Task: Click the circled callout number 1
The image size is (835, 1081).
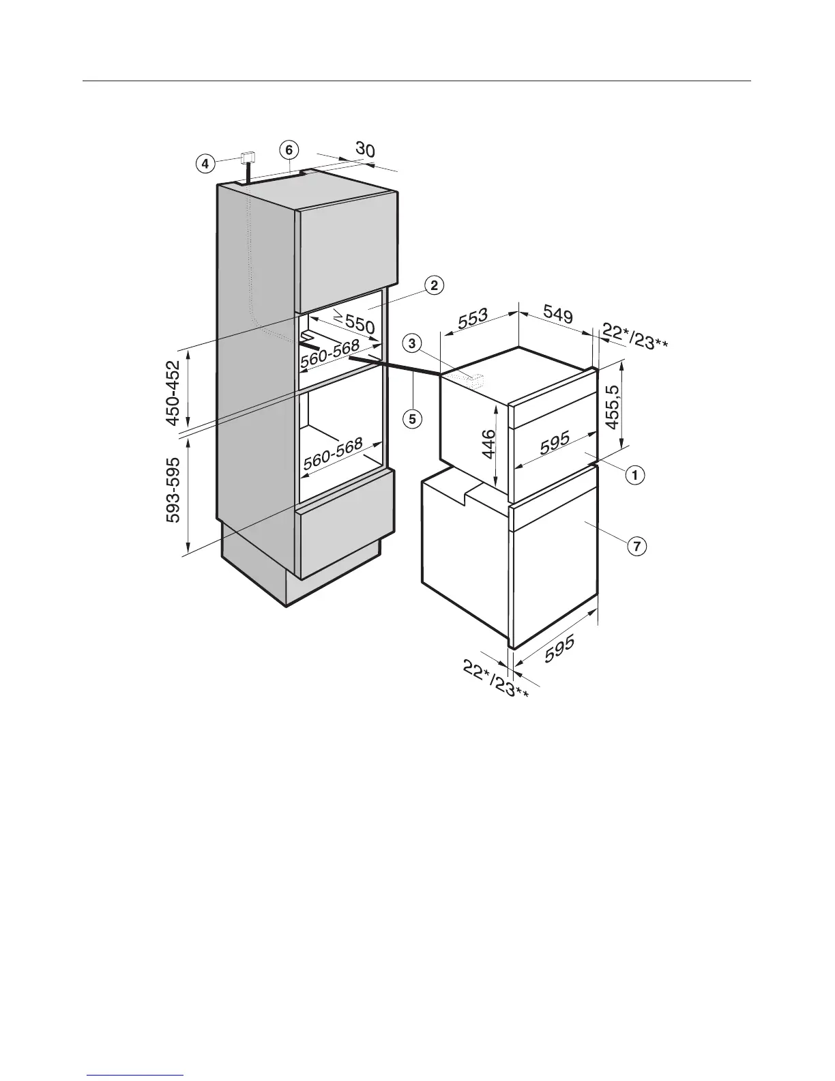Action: [x=635, y=474]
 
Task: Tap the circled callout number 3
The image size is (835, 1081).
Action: [x=411, y=343]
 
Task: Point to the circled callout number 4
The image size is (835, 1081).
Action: [x=203, y=163]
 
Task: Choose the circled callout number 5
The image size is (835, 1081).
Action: [x=412, y=418]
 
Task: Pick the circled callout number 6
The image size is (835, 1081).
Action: [x=289, y=149]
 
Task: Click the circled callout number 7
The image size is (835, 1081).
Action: [x=636, y=545]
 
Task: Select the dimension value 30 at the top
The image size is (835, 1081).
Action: [x=365, y=150]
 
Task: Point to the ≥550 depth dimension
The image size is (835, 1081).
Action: [x=354, y=321]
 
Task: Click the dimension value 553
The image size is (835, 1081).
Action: [x=473, y=319]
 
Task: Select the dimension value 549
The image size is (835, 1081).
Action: [x=558, y=315]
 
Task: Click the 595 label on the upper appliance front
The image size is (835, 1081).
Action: [x=555, y=444]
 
